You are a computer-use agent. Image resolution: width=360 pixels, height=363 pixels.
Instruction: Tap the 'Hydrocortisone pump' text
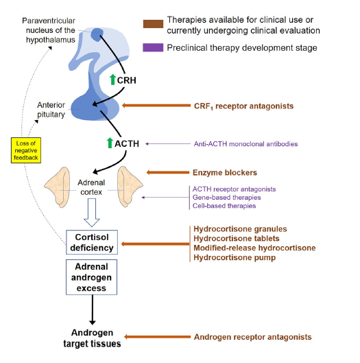(235, 257)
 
